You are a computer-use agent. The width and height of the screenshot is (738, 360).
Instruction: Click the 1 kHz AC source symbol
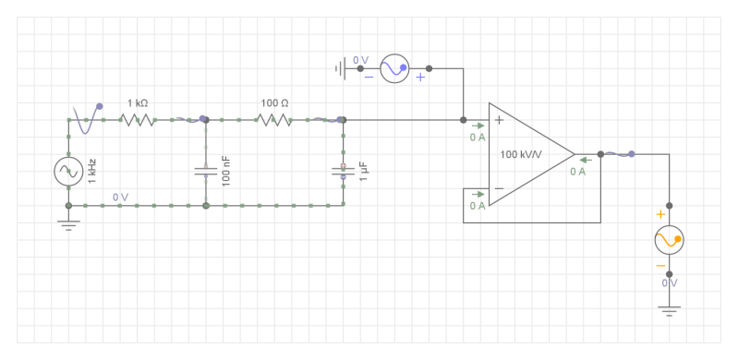pos(68,171)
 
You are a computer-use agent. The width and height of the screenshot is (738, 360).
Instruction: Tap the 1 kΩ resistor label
pos(138,103)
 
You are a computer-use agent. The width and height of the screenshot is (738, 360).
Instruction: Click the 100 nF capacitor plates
pos(205,171)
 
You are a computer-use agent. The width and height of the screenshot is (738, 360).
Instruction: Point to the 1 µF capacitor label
pos(364,171)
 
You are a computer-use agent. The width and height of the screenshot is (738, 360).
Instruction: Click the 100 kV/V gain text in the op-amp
pos(520,154)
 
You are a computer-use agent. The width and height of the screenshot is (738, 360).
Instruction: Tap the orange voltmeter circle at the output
pos(669,240)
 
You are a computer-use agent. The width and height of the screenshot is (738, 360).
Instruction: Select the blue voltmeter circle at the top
pos(394,69)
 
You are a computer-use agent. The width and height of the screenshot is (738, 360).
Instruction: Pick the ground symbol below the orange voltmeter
pos(669,308)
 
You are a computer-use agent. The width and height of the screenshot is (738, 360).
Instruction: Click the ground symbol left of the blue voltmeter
pos(341,69)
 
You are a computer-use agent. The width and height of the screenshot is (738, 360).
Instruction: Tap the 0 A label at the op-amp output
pos(578,171)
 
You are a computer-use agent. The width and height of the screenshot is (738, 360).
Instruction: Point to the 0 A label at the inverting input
pos(478,205)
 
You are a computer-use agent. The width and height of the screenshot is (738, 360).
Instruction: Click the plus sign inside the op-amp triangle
pos(499,120)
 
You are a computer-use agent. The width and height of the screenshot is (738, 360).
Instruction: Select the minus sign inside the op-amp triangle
pos(499,188)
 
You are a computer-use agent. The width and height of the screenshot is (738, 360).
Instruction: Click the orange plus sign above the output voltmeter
pos(660,214)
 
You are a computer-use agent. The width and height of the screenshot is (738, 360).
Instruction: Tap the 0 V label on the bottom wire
pos(121,197)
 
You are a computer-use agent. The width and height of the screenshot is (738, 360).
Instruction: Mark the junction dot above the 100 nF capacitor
pos(205,119)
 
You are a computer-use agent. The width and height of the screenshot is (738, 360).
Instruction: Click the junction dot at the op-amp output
pos(600,154)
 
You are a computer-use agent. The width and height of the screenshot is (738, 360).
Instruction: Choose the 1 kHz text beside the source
pos(92,171)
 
